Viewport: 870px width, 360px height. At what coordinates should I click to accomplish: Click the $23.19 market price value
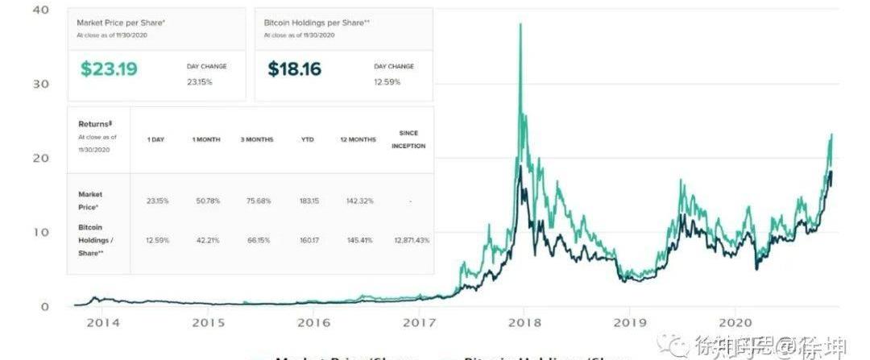(x=109, y=69)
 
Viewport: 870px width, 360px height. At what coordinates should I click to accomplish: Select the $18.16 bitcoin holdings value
(x=295, y=69)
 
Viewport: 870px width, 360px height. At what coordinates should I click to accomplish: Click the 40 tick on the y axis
(x=40, y=10)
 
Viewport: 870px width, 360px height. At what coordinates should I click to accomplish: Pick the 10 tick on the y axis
(x=40, y=232)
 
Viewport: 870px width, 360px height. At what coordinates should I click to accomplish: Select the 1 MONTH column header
(x=205, y=140)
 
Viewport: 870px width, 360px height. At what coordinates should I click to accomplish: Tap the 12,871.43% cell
(x=412, y=241)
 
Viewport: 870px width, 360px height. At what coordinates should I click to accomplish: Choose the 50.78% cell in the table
(x=205, y=201)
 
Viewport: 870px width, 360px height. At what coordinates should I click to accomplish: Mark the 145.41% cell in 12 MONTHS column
(x=358, y=241)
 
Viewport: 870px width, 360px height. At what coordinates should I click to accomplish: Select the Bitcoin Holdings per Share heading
(x=317, y=23)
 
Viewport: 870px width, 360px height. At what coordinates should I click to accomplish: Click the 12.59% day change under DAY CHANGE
(x=385, y=81)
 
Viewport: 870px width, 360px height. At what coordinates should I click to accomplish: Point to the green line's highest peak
(x=520, y=24)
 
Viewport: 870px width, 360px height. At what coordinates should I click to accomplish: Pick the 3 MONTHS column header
(x=258, y=140)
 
